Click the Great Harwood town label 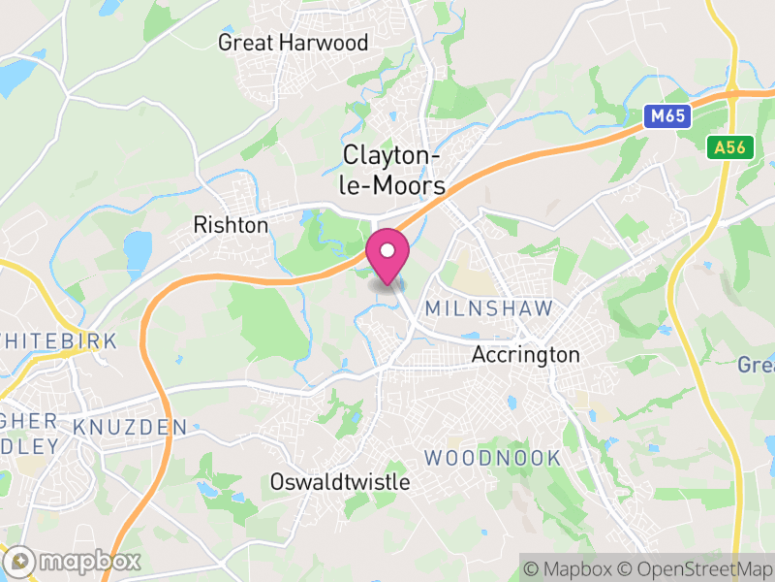click(293, 43)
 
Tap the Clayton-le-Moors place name click(393, 171)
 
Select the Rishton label click(231, 225)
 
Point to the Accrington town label click(525, 355)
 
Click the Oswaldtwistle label click(340, 482)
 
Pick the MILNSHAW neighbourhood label click(488, 308)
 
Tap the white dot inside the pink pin click(387, 251)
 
